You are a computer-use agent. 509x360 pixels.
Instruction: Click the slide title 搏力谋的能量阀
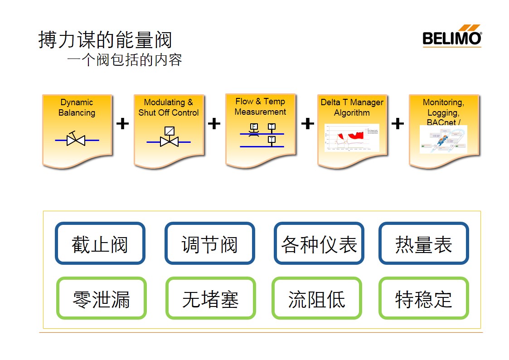click(105, 40)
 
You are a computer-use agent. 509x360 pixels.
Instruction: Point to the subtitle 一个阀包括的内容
click(125, 60)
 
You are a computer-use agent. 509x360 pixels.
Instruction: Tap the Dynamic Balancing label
click(77, 107)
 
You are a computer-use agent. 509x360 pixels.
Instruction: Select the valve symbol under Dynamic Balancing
click(76, 140)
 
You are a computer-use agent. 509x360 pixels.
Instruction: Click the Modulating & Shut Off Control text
click(169, 107)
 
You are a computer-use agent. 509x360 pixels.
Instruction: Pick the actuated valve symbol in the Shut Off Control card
click(169, 137)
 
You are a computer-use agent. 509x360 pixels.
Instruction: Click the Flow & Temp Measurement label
click(260, 107)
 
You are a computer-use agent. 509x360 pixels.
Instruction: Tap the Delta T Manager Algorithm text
click(352, 107)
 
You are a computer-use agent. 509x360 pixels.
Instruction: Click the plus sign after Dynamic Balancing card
click(122, 123)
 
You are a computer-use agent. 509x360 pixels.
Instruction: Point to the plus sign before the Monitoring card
click(398, 123)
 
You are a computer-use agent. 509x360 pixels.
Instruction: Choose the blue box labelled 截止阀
click(100, 243)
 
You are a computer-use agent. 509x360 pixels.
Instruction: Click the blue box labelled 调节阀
click(210, 243)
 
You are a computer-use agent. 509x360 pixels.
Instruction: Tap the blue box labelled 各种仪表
click(319, 243)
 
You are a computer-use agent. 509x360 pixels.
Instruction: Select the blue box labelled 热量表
click(423, 243)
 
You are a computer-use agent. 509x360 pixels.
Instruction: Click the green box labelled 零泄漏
click(101, 298)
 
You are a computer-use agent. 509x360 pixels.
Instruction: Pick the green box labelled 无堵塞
click(210, 298)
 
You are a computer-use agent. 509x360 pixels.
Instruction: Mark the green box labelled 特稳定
click(423, 298)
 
